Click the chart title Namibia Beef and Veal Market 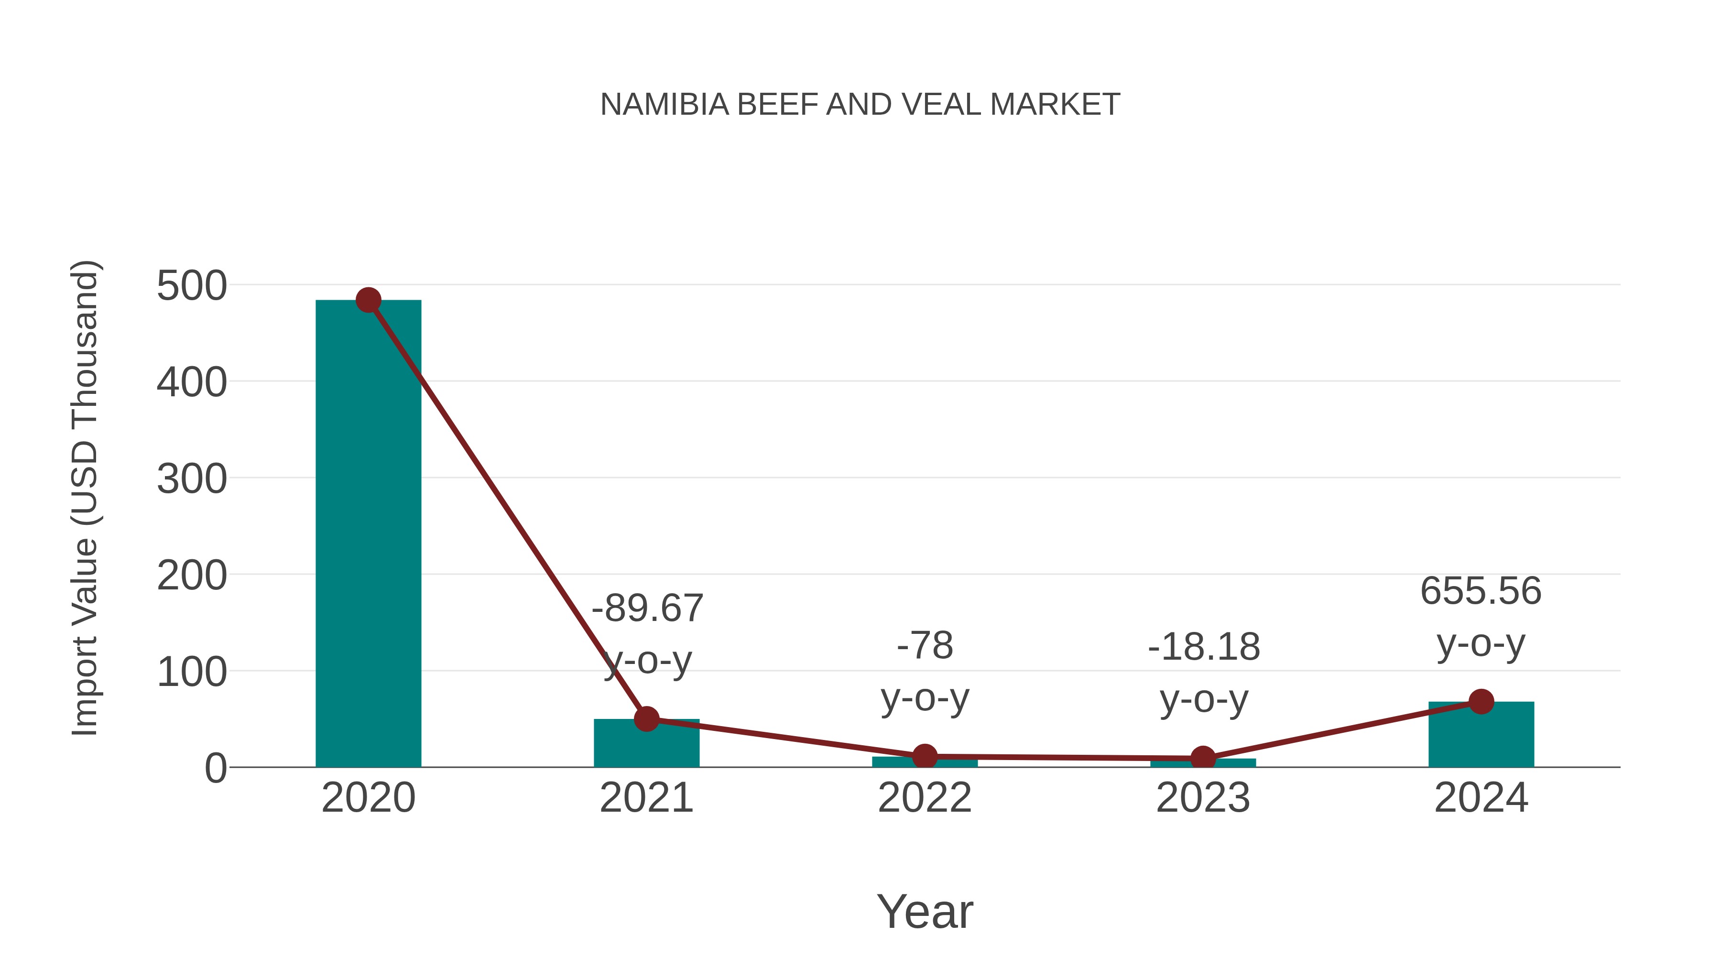tap(860, 105)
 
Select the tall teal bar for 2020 tap(368, 534)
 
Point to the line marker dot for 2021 tap(646, 719)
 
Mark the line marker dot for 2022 tap(925, 757)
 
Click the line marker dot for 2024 tap(1481, 701)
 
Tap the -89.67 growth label tap(647, 609)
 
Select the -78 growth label tap(925, 646)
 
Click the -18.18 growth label tap(1203, 647)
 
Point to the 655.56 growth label tap(1481, 591)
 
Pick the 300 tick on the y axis tap(192, 479)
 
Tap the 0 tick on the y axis tap(215, 768)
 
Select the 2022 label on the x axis tap(925, 798)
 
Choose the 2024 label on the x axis tap(1481, 798)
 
